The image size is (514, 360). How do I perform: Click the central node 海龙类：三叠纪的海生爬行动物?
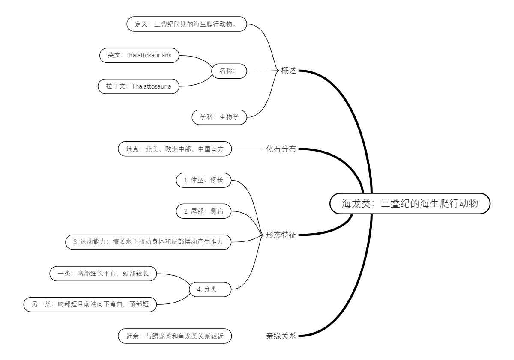(x=409, y=203)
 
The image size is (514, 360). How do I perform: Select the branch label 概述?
(x=289, y=71)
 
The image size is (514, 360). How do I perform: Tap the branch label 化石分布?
(x=281, y=149)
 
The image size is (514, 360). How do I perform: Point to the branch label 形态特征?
(x=281, y=235)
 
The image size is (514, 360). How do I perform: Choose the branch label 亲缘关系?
(x=281, y=336)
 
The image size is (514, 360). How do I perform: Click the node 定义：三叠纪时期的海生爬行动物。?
(x=188, y=24)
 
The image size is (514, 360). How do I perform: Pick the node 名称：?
(x=229, y=71)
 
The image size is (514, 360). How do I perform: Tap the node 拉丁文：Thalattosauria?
(x=138, y=86)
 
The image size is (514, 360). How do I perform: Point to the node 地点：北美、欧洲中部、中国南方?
(x=174, y=149)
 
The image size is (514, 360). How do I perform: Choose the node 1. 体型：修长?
(x=203, y=180)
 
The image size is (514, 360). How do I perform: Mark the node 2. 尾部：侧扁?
(x=203, y=211)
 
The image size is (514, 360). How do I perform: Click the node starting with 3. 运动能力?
(x=148, y=242)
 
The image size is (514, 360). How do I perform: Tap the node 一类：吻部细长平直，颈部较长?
(x=103, y=273)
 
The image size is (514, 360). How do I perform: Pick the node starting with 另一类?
(x=90, y=304)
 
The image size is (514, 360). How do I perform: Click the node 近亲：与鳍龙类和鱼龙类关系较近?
(x=174, y=336)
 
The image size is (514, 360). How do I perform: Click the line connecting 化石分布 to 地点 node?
(x=247, y=149)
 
